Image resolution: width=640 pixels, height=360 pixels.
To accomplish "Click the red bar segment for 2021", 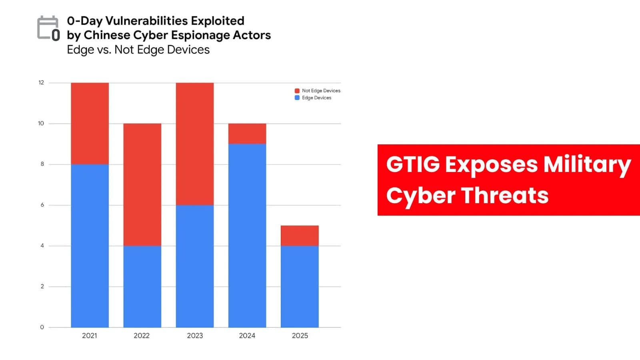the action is (x=90, y=123).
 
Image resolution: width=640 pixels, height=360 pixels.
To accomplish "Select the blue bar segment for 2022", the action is (x=142, y=286).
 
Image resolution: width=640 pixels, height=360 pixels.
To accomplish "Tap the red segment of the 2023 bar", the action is (x=194, y=144).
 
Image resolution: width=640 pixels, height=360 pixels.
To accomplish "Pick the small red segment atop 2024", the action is (x=247, y=134).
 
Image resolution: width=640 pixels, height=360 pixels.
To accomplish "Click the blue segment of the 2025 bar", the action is (x=300, y=286).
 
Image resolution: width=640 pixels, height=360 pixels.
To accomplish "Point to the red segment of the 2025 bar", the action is (x=300, y=236).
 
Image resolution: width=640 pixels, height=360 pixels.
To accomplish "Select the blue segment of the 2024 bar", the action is (x=247, y=236).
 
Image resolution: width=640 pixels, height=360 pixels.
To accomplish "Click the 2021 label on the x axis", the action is (x=90, y=336).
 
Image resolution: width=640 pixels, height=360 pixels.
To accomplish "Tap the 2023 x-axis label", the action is (x=195, y=336).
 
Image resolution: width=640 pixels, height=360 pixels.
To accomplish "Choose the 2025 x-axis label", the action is (x=300, y=336).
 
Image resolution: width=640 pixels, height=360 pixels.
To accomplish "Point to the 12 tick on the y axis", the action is (x=41, y=83).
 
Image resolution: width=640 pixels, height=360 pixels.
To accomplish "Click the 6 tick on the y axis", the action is (x=42, y=205).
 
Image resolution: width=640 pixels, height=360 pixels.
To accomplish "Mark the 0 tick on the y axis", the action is (x=42, y=327).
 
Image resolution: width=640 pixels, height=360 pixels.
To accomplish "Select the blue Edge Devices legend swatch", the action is (x=297, y=98).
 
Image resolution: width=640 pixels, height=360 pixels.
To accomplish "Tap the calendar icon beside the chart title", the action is (x=48, y=28).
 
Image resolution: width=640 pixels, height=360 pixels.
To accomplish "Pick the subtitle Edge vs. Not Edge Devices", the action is (x=138, y=50).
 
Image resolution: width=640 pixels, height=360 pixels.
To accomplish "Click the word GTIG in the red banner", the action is (x=413, y=164).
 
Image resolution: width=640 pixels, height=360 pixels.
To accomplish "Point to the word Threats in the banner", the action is (x=505, y=196).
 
